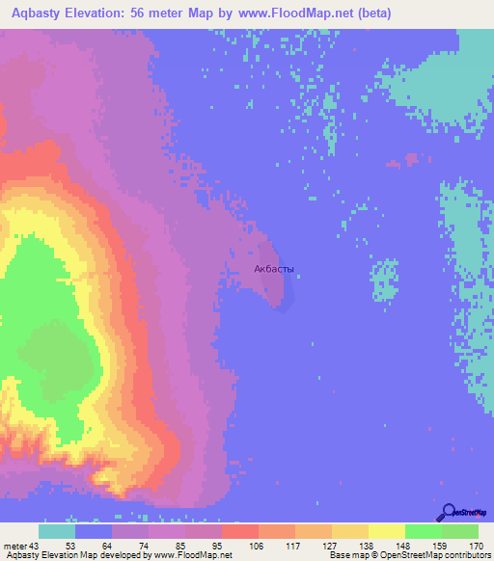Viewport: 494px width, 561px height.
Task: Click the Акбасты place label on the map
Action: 273,271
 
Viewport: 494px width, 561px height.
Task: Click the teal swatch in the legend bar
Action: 57,531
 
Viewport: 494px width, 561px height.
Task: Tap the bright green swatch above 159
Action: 424,531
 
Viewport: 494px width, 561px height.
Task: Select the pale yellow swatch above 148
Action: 387,531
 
